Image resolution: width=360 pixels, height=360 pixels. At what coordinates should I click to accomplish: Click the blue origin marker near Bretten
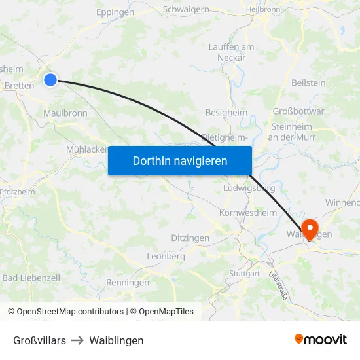click(x=50, y=80)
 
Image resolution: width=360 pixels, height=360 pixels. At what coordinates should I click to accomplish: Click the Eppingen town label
click(x=115, y=12)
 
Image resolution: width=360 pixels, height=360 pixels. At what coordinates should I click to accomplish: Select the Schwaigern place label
click(x=186, y=9)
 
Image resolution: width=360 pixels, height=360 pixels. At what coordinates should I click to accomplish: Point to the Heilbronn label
click(x=262, y=10)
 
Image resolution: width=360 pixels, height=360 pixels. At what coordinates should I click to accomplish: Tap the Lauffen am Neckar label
click(x=231, y=52)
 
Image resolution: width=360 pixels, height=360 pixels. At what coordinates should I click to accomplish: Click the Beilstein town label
click(x=308, y=82)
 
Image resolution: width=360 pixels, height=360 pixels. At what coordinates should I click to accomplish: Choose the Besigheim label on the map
click(x=226, y=113)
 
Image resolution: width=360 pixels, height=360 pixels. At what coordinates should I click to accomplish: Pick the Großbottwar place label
click(x=298, y=111)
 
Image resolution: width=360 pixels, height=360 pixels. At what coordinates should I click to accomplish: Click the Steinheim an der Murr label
click(x=292, y=132)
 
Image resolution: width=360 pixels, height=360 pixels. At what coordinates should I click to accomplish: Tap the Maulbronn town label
click(x=65, y=113)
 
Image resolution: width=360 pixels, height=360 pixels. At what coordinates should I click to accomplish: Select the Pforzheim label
click(x=17, y=192)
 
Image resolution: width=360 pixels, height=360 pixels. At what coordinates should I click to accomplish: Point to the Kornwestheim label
click(x=248, y=213)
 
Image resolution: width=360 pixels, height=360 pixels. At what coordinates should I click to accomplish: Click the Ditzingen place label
click(x=190, y=238)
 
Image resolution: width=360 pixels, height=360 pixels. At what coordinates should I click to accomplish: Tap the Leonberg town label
click(x=166, y=256)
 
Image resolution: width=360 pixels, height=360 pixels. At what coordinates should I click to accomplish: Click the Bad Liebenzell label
click(x=31, y=278)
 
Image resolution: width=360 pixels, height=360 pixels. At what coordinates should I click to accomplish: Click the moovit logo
click(x=321, y=339)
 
